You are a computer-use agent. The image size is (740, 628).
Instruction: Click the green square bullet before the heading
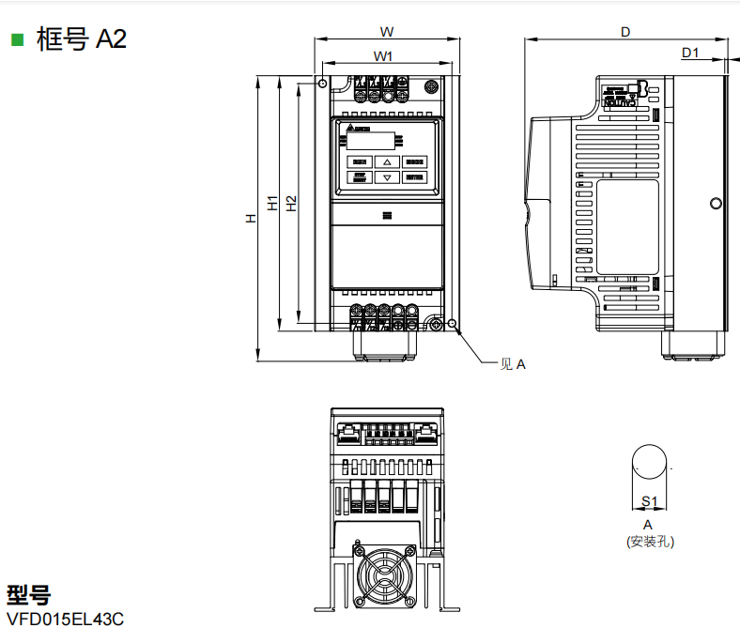tap(16, 39)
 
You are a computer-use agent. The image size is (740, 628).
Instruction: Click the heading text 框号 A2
tap(81, 39)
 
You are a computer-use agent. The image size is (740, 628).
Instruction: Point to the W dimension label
tap(386, 30)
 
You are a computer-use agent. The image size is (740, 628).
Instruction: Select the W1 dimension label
tap(383, 56)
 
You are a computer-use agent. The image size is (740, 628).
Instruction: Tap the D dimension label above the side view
tap(625, 32)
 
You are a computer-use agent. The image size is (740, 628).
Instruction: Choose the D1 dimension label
tap(690, 53)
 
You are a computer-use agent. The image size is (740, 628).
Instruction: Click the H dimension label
tap(251, 218)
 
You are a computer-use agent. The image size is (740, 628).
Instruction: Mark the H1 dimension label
tap(272, 203)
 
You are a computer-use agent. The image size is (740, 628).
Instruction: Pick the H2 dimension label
tap(292, 203)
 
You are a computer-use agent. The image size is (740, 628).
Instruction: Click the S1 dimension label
tap(648, 502)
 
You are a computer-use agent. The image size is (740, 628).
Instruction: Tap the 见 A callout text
tap(512, 364)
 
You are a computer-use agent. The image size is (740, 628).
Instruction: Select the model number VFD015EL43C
tap(65, 619)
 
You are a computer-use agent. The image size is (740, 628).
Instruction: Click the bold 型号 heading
tap(28, 594)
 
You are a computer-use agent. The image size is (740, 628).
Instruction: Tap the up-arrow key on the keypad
tap(387, 161)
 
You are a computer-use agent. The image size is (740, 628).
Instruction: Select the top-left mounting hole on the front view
tap(323, 84)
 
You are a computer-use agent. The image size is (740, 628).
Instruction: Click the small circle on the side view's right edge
tap(716, 203)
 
